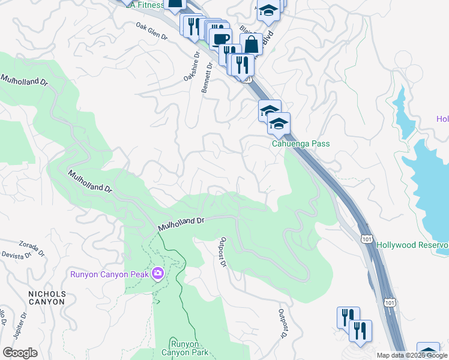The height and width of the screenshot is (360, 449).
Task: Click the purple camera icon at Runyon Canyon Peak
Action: pos(157,274)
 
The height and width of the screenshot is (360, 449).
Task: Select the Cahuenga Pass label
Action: pos(301,144)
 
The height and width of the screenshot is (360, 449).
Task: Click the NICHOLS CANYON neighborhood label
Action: pos(38,298)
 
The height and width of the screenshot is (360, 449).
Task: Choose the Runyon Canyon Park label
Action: pos(189,348)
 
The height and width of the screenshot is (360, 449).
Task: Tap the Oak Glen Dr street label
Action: pos(151,31)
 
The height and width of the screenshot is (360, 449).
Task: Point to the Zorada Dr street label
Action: pos(32,247)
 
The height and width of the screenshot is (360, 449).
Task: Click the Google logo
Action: pos(20,353)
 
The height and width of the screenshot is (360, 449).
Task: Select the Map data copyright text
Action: pos(412,355)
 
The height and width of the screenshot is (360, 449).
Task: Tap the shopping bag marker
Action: pos(251,44)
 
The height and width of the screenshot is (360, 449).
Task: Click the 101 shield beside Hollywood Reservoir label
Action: pos(367,239)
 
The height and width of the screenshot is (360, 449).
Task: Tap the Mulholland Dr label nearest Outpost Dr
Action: pos(182,223)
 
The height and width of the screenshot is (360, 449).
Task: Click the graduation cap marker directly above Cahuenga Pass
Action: pos(279,124)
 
